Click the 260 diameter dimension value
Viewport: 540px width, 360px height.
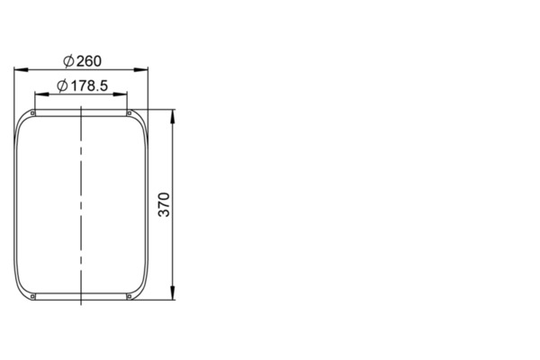pos(89,61)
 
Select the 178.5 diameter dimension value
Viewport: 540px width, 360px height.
pos(89,85)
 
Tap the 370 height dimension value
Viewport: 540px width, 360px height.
pos(165,204)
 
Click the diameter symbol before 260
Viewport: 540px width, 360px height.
pos(68,61)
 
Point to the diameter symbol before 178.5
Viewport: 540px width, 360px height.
pos(62,85)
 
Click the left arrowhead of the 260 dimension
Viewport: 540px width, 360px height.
pos(21,70)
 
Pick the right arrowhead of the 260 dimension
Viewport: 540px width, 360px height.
pos(141,70)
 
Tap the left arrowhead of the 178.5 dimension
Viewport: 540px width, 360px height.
pos(42,94)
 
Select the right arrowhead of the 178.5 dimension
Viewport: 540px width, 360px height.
pos(120,94)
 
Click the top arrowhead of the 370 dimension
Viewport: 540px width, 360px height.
pos(173,116)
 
